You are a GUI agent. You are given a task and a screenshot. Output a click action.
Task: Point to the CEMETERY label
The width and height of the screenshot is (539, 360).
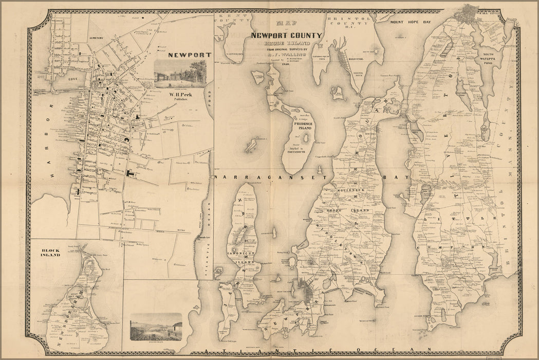coord(96,38)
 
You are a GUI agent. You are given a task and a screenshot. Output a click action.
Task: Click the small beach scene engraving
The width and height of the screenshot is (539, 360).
coord(156,326)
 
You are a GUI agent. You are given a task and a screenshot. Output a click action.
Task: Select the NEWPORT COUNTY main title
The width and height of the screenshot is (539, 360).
coord(286,35)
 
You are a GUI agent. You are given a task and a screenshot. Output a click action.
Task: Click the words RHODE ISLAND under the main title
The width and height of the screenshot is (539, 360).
coord(286,44)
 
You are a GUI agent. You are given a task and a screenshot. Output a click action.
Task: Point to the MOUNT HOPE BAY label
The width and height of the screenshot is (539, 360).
coord(410,23)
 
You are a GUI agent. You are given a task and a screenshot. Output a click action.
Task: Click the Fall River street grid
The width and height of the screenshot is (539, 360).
coord(470,13)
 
